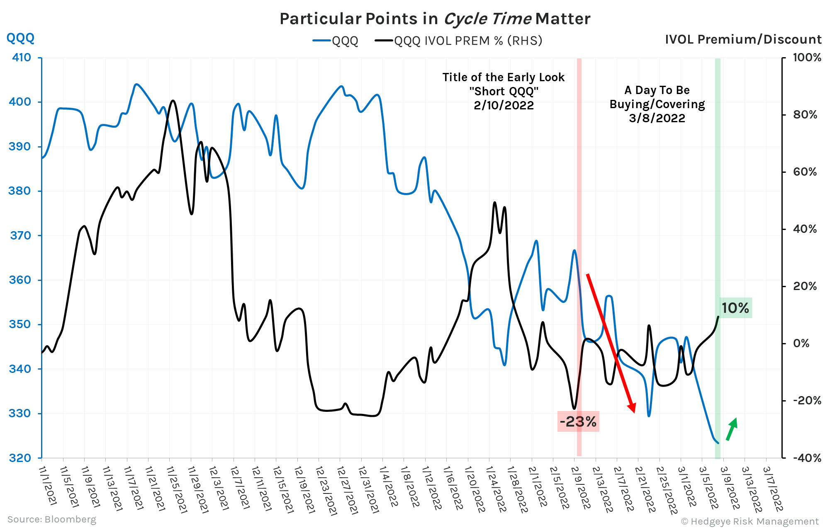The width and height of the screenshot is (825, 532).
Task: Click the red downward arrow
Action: pyautogui.click(x=611, y=343)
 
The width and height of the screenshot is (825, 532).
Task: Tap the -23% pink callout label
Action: pyautogui.click(x=578, y=422)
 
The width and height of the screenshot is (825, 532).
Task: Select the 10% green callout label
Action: pyautogui.click(x=735, y=308)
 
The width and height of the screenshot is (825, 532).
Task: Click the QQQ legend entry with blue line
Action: pyautogui.click(x=336, y=41)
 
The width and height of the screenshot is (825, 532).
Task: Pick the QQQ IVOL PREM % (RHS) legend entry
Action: pyautogui.click(x=459, y=41)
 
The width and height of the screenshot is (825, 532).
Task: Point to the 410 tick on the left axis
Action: pyautogui.click(x=22, y=58)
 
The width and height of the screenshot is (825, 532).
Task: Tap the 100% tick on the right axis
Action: pyautogui.click(x=806, y=58)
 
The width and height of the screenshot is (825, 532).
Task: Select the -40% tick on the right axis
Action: pyautogui.click(x=806, y=458)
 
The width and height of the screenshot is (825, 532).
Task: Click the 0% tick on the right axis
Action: pyautogui.click(x=801, y=343)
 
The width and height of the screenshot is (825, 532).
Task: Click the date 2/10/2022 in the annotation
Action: pyautogui.click(x=504, y=105)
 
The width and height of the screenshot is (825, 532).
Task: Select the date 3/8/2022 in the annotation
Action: pyautogui.click(x=657, y=118)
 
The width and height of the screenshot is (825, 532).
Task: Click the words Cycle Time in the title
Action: pyautogui.click(x=487, y=19)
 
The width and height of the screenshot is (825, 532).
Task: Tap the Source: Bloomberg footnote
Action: pyautogui.click(x=52, y=519)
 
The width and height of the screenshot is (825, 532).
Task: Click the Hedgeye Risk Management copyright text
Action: pyautogui.click(x=750, y=521)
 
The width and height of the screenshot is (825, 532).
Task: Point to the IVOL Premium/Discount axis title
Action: pyautogui.click(x=743, y=39)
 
